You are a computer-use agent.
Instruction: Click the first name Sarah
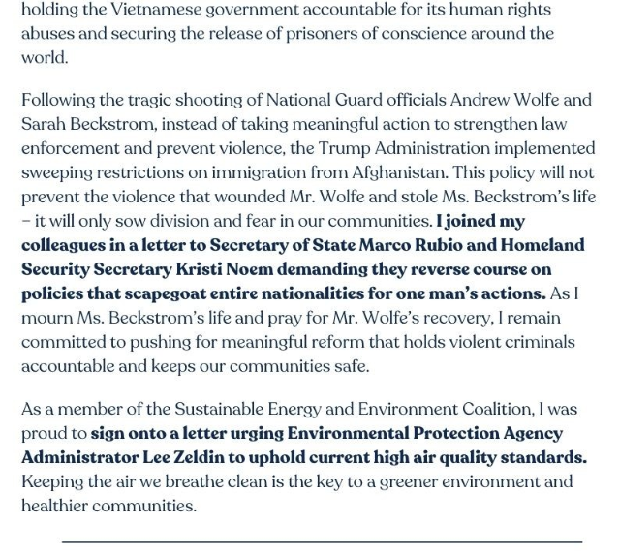click(44, 124)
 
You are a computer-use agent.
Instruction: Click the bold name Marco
click(393, 245)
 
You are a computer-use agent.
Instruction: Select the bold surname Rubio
click(455, 245)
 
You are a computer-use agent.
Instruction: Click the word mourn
click(46, 318)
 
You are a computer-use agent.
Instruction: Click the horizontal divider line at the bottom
click(322, 542)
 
